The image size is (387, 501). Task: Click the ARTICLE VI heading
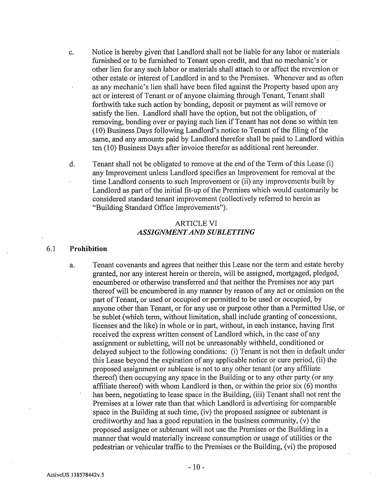[196, 223]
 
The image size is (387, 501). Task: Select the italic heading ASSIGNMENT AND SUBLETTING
[196, 232]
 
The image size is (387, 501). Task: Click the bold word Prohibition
[88, 249]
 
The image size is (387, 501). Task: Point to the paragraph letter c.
[71, 52]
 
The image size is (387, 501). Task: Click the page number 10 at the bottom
[195, 467]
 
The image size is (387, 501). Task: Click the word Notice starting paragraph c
[103, 52]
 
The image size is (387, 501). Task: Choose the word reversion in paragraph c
[311, 69]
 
